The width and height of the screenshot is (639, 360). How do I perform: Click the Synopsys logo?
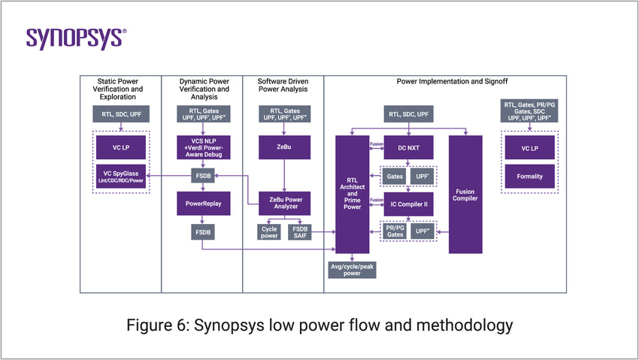[76, 38]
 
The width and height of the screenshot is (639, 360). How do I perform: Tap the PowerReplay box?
[202, 204]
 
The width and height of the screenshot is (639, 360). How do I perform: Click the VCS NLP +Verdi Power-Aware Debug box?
[202, 147]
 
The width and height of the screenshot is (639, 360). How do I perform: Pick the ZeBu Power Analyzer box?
[283, 204]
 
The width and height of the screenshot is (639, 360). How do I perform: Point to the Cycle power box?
[268, 233]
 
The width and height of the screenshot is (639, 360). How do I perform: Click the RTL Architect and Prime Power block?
[352, 194]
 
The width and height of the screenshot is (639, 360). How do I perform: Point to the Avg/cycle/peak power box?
[352, 269]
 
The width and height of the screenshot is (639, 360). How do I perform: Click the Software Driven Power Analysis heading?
[283, 84]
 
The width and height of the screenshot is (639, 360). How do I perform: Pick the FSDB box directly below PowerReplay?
[202, 233]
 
